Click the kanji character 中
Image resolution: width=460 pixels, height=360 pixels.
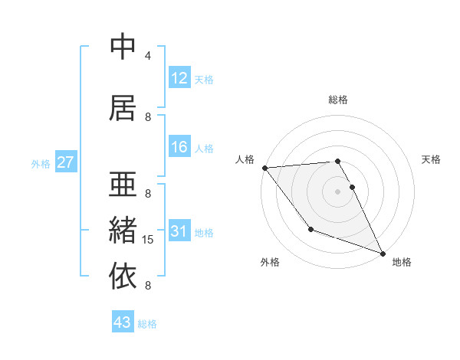[123, 47]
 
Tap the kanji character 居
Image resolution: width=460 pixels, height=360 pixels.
[123, 108]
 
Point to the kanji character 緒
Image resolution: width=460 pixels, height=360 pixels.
[123, 231]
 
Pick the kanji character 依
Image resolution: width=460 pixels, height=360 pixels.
[123, 275]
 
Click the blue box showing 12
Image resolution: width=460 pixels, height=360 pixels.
[179, 78]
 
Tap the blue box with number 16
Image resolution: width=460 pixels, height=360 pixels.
[179, 148]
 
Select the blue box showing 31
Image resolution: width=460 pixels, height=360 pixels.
[179, 231]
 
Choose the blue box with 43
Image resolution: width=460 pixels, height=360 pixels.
[123, 322]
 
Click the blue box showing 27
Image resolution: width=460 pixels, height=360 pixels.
[65, 162]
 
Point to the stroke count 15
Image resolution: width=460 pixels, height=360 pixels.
[148, 240]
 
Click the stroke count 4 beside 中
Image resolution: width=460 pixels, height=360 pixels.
[148, 56]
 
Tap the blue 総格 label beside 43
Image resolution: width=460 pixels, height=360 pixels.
[147, 323]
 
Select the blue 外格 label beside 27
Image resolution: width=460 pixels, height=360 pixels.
[41, 163]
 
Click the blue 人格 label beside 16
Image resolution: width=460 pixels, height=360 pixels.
[204, 149]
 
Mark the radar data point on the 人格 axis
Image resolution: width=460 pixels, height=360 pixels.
[264, 167]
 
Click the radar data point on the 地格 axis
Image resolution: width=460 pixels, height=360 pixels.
[383, 254]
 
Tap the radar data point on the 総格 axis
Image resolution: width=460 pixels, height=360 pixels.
[337, 162]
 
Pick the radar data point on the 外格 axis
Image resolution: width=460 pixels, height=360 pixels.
[310, 229]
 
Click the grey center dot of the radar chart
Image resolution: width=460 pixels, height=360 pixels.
[337, 191]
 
